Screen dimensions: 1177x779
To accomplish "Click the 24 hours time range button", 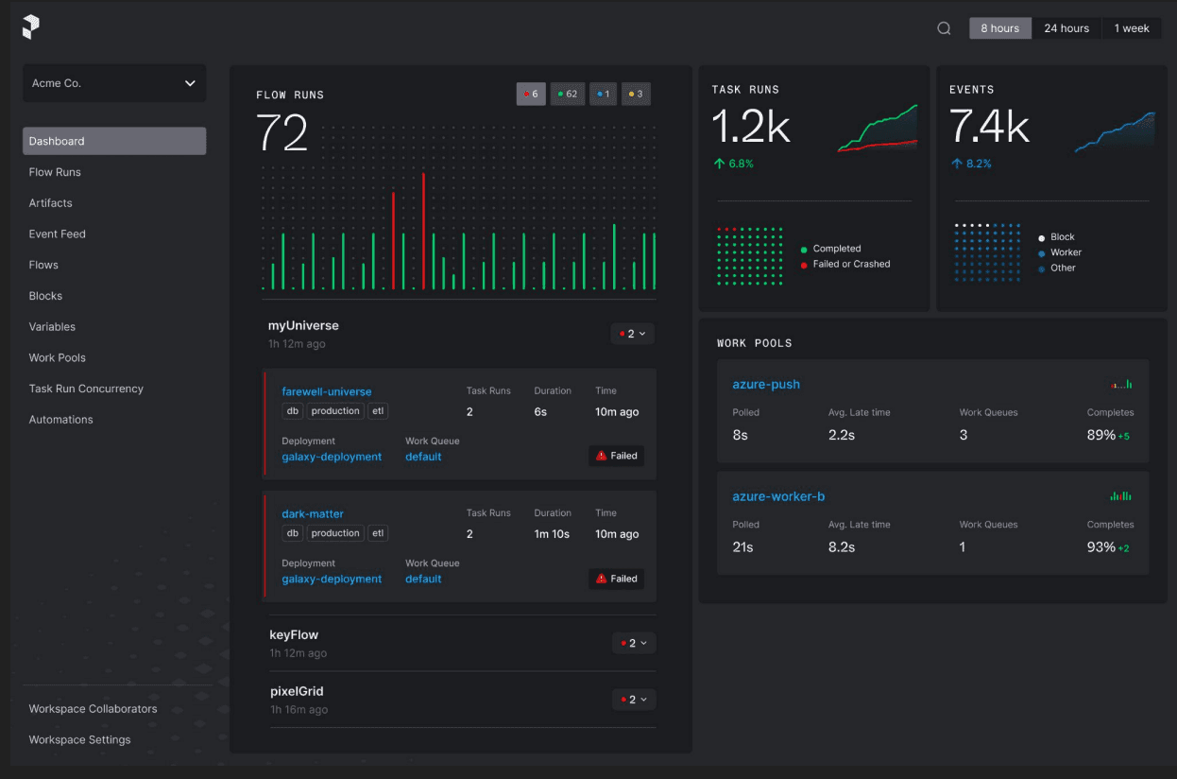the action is (x=1066, y=28).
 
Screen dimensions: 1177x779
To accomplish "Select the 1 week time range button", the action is (x=1132, y=28).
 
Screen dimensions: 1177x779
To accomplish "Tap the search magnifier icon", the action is (x=944, y=28).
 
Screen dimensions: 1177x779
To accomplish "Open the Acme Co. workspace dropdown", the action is (x=114, y=83).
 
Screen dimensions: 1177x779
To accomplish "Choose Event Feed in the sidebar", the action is (x=57, y=234).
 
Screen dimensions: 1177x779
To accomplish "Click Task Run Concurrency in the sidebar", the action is (x=86, y=389).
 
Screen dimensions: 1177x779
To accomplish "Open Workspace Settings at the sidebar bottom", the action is (x=79, y=739).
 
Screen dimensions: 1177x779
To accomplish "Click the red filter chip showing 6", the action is (x=531, y=95).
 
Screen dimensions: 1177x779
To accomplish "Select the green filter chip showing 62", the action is (x=568, y=95).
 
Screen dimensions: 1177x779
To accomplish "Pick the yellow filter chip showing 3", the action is (x=636, y=95).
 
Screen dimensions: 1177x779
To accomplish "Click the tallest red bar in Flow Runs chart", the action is (x=423, y=231).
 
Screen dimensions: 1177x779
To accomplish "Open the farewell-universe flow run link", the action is (x=326, y=391).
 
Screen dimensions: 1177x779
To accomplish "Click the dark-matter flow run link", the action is (x=312, y=513).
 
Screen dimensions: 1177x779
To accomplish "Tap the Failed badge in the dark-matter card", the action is (x=616, y=579).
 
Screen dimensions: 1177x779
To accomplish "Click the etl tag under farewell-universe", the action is (x=378, y=411).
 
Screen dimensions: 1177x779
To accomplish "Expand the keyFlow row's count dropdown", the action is (x=634, y=643).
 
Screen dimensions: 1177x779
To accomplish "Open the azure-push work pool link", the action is (x=766, y=384).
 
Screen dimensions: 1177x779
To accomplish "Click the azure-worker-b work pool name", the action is (x=778, y=496).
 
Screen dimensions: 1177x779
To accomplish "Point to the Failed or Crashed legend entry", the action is (x=845, y=264).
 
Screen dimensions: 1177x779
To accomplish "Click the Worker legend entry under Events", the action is (x=1060, y=252).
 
